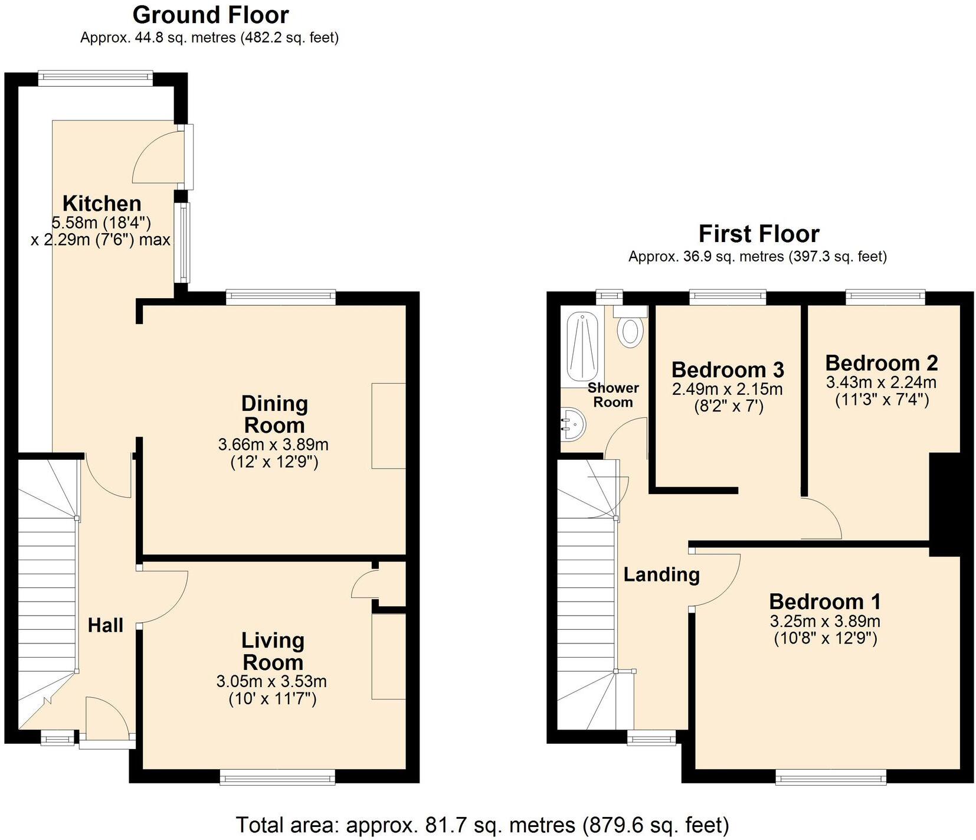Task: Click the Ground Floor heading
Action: pyautogui.click(x=210, y=15)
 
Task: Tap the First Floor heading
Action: pyautogui.click(x=758, y=234)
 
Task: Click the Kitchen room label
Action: pyautogui.click(x=102, y=204)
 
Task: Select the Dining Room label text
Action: pyautogui.click(x=274, y=414)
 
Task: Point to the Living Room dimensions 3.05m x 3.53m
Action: pyautogui.click(x=271, y=682)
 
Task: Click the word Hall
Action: pyautogui.click(x=106, y=625)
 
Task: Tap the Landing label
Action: pyautogui.click(x=661, y=574)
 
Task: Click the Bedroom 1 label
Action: pyautogui.click(x=824, y=602)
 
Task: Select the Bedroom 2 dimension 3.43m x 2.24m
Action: pyautogui.click(x=881, y=382)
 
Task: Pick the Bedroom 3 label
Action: pyautogui.click(x=727, y=370)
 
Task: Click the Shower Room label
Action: pyautogui.click(x=613, y=395)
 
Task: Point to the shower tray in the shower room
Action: pyautogui.click(x=582, y=347)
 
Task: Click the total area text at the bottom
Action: pyautogui.click(x=482, y=824)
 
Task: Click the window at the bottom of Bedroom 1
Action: pyautogui.click(x=830, y=780)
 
